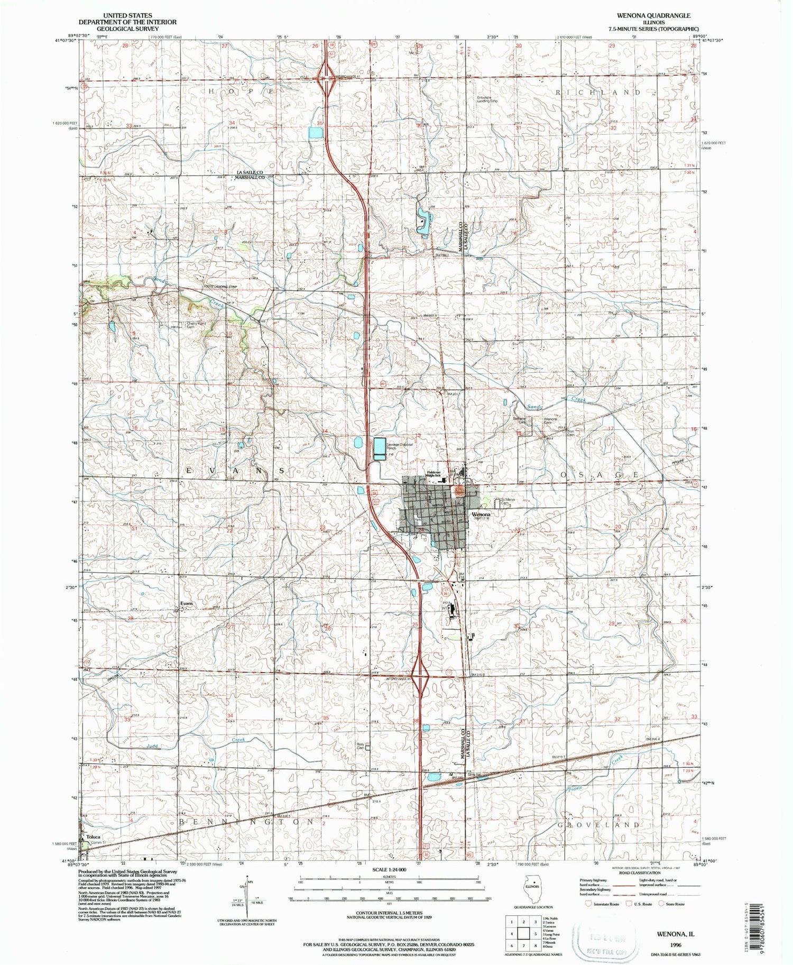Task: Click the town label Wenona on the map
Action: pos(481,514)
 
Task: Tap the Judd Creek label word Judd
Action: pos(152,746)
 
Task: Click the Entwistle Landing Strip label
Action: pos(487,99)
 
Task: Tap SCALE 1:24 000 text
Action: pos(389,870)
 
